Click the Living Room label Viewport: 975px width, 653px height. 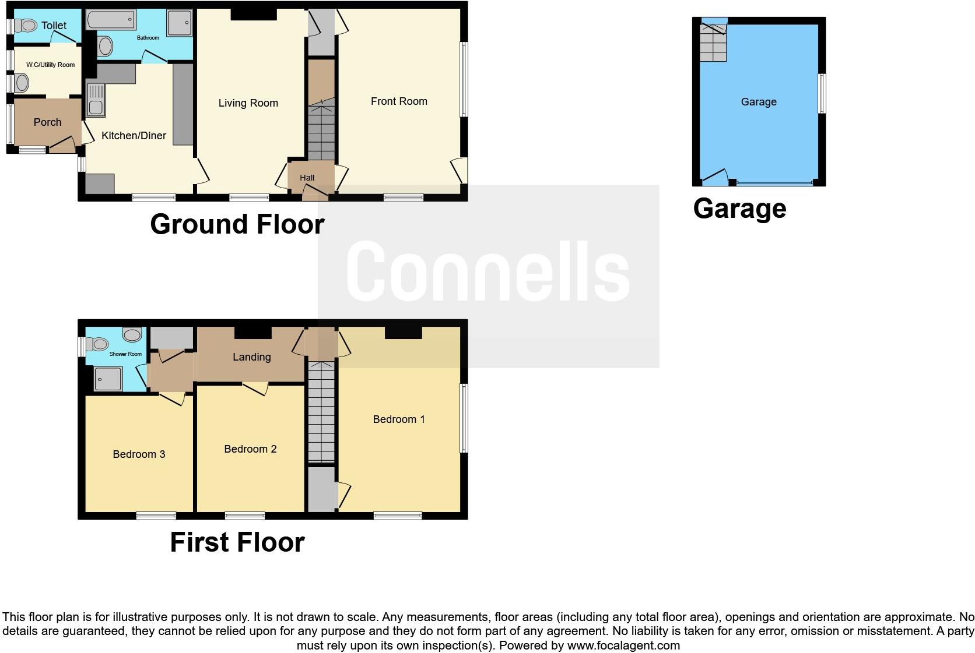[x=248, y=103]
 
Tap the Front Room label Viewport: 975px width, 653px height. [x=399, y=101]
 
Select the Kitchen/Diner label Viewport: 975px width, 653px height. [x=134, y=136]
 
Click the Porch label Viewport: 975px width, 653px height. [x=47, y=122]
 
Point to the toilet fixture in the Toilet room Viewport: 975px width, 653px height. [x=26, y=26]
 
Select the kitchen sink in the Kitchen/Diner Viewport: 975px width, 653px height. [x=95, y=100]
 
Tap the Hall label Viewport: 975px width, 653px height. [x=307, y=178]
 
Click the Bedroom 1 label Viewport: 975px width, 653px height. [x=399, y=419]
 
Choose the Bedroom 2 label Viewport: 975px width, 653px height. [x=250, y=449]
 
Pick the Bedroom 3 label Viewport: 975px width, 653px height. [x=139, y=454]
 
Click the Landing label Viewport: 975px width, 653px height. [x=251, y=357]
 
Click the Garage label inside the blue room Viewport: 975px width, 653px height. [x=758, y=102]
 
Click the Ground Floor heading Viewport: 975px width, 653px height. [x=237, y=224]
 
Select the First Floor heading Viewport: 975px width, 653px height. [x=237, y=542]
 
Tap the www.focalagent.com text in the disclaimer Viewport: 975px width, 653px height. [x=623, y=645]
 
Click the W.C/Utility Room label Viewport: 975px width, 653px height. [x=51, y=65]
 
